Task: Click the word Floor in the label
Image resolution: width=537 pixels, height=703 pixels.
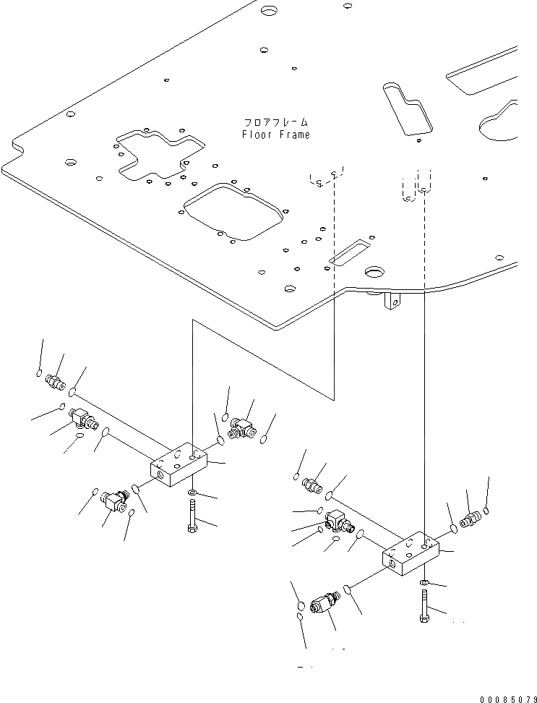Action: [x=256, y=135]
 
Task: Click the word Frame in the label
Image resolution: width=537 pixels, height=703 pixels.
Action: [x=294, y=135]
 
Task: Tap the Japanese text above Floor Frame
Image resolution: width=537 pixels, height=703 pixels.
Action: [x=275, y=123]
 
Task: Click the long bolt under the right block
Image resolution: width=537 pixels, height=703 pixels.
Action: [x=424, y=605]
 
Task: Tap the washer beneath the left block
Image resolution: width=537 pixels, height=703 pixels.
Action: [x=192, y=493]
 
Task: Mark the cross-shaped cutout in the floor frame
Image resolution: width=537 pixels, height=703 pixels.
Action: [x=156, y=153]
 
